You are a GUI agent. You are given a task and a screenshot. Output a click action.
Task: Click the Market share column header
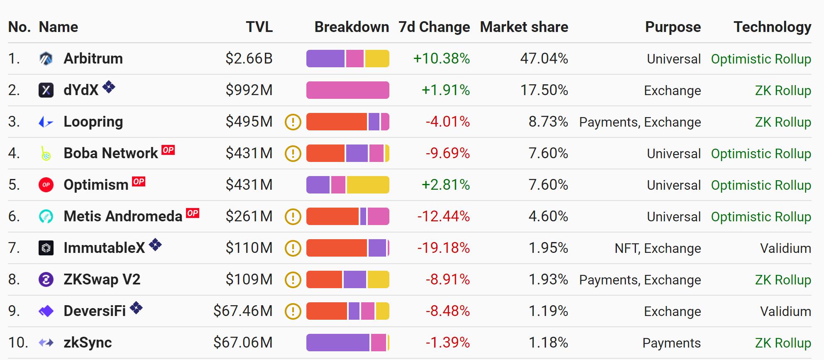[x=524, y=27]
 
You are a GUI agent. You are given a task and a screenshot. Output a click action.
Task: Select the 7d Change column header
[x=434, y=27]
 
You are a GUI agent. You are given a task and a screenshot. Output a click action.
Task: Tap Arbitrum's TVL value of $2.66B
[x=249, y=59]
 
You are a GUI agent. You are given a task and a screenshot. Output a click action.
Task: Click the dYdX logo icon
[x=46, y=90]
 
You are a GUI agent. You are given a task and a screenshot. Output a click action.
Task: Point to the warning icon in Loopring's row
[x=293, y=122]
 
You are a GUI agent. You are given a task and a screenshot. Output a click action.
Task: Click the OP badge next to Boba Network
[x=168, y=150]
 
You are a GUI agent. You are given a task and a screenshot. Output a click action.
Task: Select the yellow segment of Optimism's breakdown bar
[x=368, y=185]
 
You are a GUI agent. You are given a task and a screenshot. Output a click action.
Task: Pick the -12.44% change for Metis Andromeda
[x=443, y=216]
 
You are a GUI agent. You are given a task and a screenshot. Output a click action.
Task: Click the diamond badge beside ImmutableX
[x=155, y=245]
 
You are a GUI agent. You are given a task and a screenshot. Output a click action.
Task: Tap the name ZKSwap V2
[x=102, y=279]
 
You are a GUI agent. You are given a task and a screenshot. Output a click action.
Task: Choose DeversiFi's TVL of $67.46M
[x=243, y=311]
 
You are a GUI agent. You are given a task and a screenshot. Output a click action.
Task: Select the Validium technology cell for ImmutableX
[x=785, y=248]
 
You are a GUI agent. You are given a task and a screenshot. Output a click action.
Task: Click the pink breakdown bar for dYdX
[x=347, y=90]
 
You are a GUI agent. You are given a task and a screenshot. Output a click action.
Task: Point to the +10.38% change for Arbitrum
[x=441, y=59]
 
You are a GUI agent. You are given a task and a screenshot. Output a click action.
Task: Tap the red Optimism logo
[x=46, y=185]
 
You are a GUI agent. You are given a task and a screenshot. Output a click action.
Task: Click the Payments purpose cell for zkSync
[x=671, y=343]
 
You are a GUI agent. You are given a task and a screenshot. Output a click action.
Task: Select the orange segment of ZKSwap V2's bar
[x=324, y=279]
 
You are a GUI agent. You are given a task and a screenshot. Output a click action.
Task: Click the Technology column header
[x=772, y=27]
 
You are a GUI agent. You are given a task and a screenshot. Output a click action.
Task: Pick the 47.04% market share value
[x=544, y=59]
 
